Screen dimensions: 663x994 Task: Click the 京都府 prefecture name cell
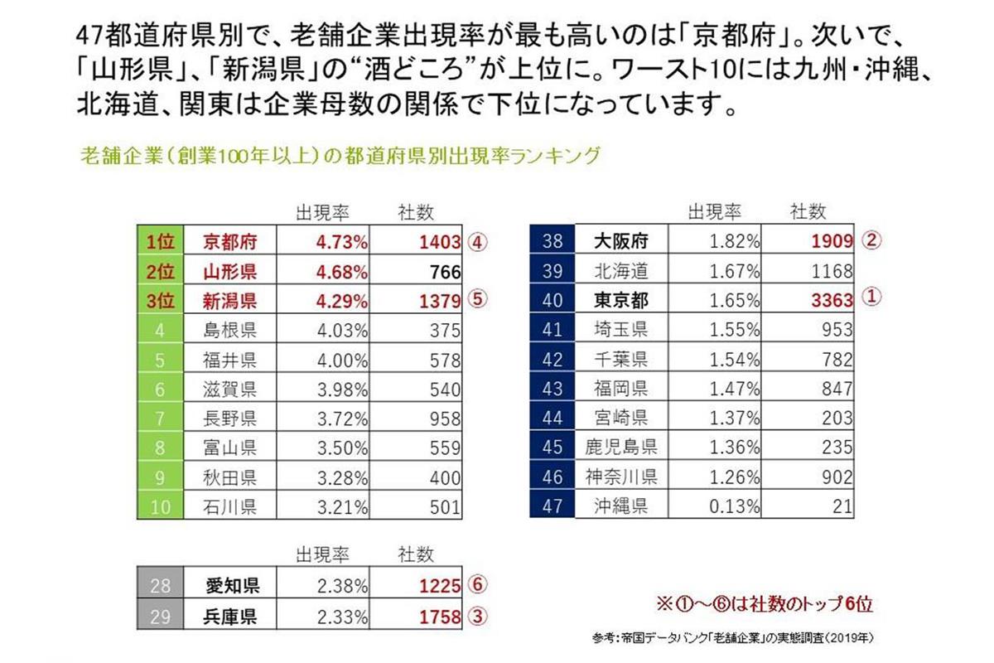pyautogui.click(x=231, y=242)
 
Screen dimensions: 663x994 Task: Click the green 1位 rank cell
pyautogui.click(x=160, y=242)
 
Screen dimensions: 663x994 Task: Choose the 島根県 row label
pyautogui.click(x=231, y=330)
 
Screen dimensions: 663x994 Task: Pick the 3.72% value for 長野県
pyautogui.click(x=342, y=419)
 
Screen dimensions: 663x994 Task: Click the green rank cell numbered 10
pyautogui.click(x=160, y=506)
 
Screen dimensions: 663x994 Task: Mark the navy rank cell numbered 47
pyautogui.click(x=552, y=506)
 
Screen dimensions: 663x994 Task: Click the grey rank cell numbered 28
pyautogui.click(x=160, y=586)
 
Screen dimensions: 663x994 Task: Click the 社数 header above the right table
pyautogui.click(x=808, y=211)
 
